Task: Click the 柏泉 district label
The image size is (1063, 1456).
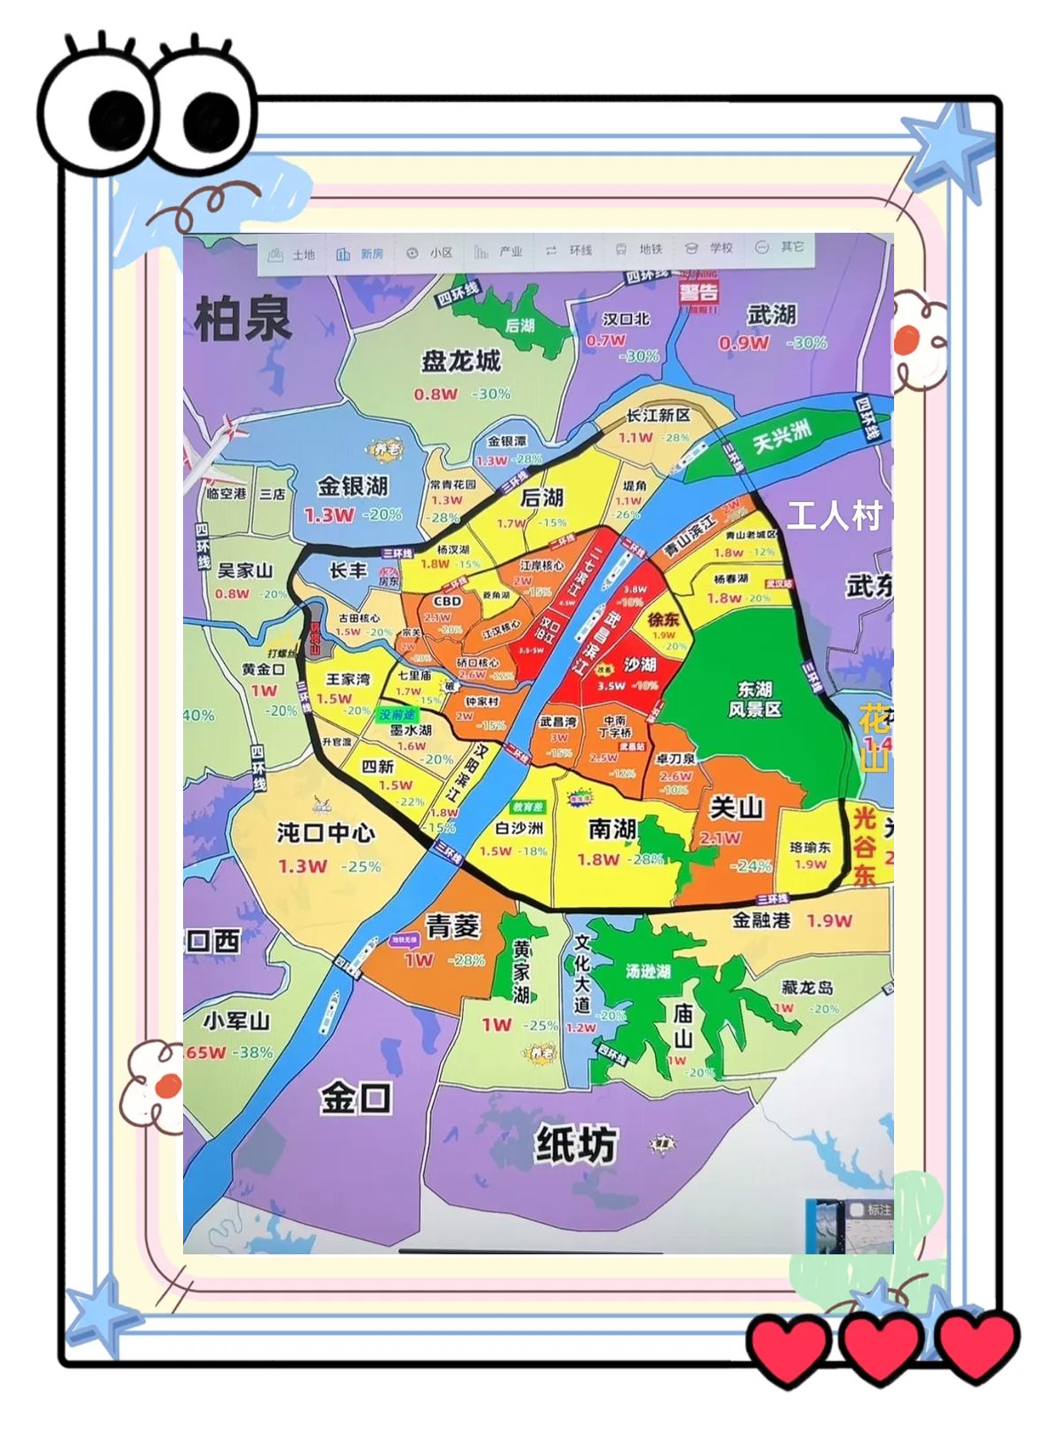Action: pos(243,319)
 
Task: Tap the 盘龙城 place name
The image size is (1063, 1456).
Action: pos(460,362)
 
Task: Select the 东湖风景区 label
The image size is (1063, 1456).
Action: pos(755,699)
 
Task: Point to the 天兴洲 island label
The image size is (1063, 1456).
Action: pos(782,436)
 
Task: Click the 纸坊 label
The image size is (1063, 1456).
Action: pos(575,1144)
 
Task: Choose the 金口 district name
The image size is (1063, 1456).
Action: pos(356,1099)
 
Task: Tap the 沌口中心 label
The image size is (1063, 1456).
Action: pos(325,833)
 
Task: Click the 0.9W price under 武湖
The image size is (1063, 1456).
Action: pos(743,343)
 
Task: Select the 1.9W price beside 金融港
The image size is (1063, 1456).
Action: pos(828,921)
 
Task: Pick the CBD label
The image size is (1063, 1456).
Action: pos(447,601)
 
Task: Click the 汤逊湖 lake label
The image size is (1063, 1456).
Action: pos(647,971)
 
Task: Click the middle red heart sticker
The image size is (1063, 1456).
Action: pos(880,1348)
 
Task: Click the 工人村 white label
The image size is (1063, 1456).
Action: pos(833,515)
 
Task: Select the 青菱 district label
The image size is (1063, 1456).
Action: pos(452,927)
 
